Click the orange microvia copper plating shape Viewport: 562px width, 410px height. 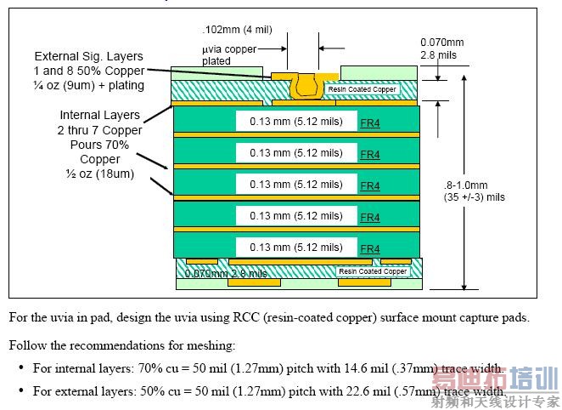pyautogui.click(x=302, y=83)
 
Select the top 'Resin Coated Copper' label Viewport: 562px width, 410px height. pyautogui.click(x=362, y=89)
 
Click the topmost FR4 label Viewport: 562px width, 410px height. pyautogui.click(x=370, y=122)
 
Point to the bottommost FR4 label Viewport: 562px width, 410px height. pyautogui.click(x=370, y=248)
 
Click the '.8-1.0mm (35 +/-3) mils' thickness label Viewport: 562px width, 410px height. pyautogui.click(x=475, y=191)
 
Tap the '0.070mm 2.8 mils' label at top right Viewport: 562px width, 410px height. pyautogui.click(x=442, y=48)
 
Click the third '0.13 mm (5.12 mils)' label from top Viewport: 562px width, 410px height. pyautogui.click(x=296, y=185)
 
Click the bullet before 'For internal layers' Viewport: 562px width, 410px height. pyautogui.click(x=21, y=368)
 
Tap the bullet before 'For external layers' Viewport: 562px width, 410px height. pyautogui.click(x=21, y=391)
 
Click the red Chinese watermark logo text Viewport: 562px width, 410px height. pyautogui.click(x=495, y=380)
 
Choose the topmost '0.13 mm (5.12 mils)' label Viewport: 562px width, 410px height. pyautogui.click(x=296, y=122)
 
